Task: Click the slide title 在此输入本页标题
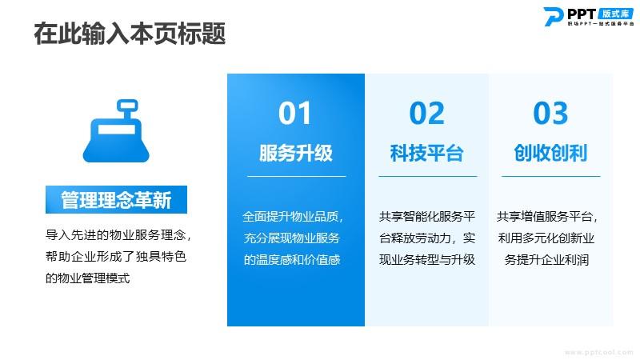coord(130,34)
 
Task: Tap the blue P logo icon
coord(553,17)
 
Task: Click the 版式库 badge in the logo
coord(615,14)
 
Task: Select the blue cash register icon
coord(116,130)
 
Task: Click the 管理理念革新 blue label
coord(116,199)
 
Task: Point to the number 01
coord(294,113)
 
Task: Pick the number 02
coord(427,113)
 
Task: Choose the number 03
coord(550,113)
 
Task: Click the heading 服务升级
coord(296,153)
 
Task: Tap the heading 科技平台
coord(426,153)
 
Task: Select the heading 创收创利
coord(550,153)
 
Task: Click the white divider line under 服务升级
coord(296,176)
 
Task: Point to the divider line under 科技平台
coord(428,176)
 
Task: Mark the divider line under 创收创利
coord(550,176)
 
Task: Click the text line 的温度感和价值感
coord(292,259)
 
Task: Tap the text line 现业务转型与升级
coord(427,259)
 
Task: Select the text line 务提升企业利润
coord(546,259)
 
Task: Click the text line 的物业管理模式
coord(87,278)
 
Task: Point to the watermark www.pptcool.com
coord(598,352)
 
